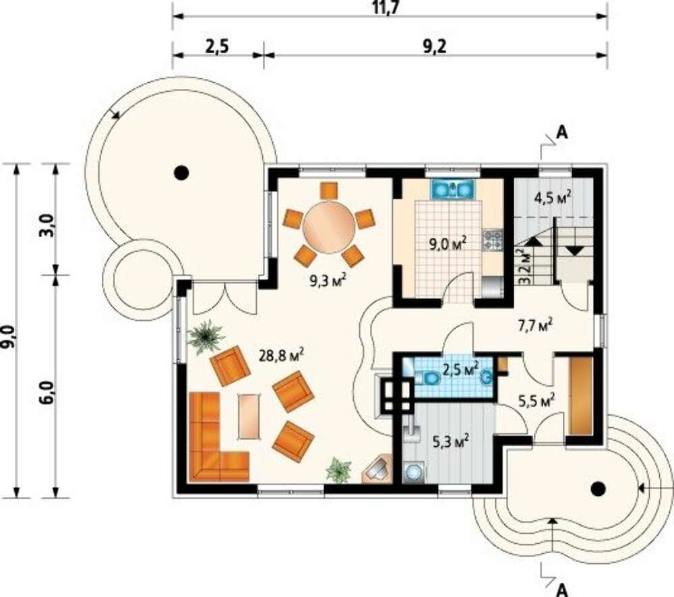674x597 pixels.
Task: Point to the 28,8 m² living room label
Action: (282, 356)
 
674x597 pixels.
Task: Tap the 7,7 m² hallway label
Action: (534, 325)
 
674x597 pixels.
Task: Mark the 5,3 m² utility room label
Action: (450, 441)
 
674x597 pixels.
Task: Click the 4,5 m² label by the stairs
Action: (553, 199)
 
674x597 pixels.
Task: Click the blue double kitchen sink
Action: (453, 189)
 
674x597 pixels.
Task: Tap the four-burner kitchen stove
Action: (493, 241)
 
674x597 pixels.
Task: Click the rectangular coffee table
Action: (249, 416)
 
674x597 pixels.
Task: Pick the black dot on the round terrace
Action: (181, 172)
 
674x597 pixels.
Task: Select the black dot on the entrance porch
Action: (598, 489)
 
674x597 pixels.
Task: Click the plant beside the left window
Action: (206, 337)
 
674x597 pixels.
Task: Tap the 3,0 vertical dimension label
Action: (48, 226)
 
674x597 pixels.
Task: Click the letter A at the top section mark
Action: (561, 133)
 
